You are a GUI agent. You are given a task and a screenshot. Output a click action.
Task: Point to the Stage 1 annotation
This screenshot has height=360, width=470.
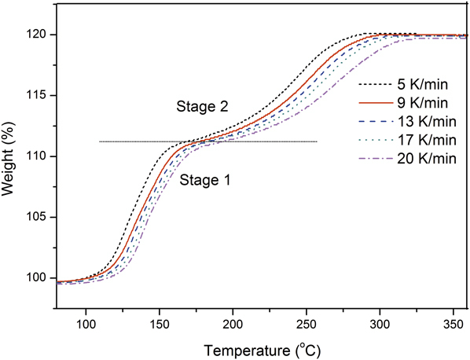click(205, 180)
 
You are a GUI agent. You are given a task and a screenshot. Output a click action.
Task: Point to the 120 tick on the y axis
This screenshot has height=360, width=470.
click(43, 35)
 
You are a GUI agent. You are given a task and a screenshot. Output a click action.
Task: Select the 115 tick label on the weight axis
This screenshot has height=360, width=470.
click(43, 96)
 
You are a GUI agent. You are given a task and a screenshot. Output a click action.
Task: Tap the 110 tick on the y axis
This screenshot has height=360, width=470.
click(43, 157)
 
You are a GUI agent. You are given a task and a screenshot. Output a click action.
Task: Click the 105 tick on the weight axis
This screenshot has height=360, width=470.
click(43, 219)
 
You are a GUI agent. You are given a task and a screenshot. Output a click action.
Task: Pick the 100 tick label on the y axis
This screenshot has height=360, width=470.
click(43, 279)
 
